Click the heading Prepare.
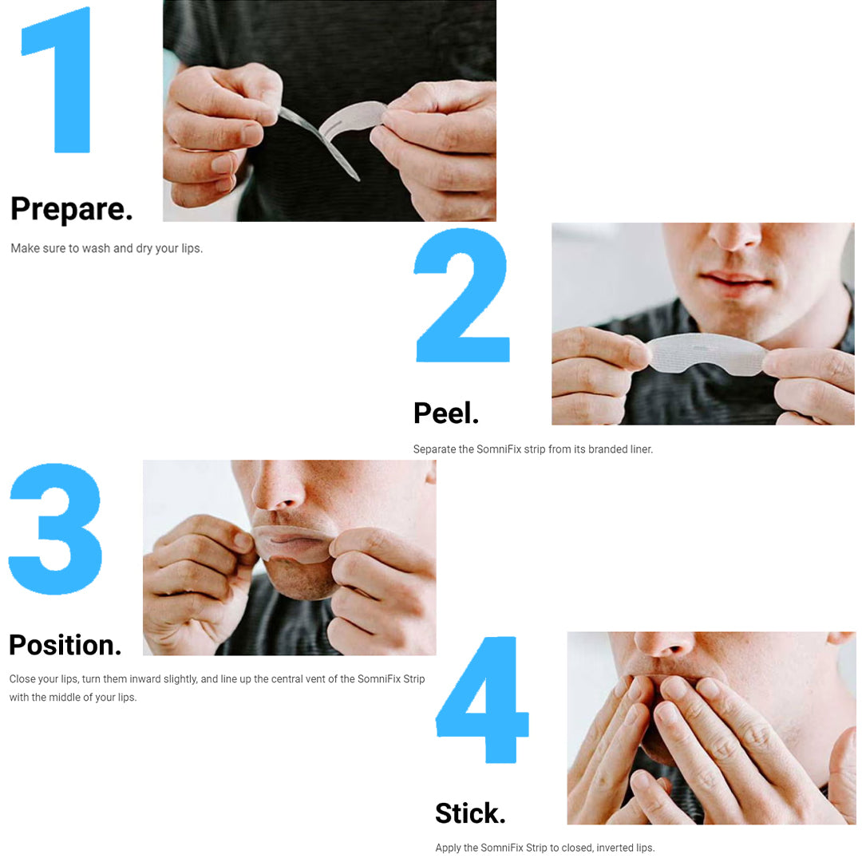tap(72, 209)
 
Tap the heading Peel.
tap(446, 413)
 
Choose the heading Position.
tap(65, 645)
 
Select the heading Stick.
tap(470, 813)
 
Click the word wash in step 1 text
tap(97, 248)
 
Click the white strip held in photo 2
tap(706, 354)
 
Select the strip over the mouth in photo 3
tap(292, 544)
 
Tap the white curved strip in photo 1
tap(353, 118)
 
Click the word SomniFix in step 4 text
tap(503, 848)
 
